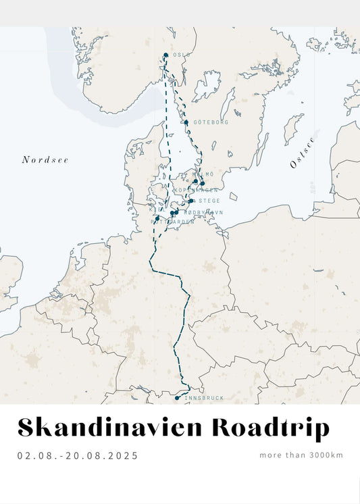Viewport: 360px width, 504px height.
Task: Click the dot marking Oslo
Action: [x=165, y=55]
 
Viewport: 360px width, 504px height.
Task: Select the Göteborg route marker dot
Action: [x=186, y=122]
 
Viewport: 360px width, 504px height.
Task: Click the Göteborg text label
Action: [x=211, y=122]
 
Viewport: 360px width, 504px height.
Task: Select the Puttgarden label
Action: [x=173, y=222]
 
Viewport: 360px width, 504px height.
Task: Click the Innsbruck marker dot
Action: [x=177, y=398]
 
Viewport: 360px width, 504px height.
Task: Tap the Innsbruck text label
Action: [x=203, y=399]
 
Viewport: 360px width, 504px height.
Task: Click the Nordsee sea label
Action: [x=45, y=160]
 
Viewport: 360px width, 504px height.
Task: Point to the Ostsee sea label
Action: [x=302, y=153]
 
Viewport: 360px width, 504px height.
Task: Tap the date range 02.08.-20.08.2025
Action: [x=78, y=455]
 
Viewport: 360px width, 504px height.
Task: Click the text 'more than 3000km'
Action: [x=301, y=455]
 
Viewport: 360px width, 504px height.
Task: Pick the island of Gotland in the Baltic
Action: [x=292, y=128]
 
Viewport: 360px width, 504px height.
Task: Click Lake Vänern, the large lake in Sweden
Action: [x=206, y=86]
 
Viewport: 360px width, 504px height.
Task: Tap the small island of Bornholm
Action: [x=234, y=196]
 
